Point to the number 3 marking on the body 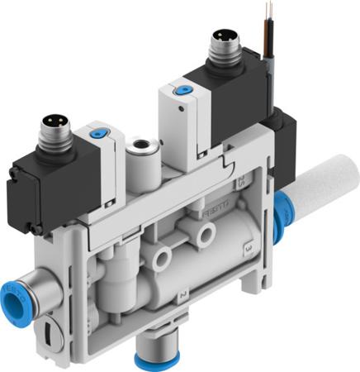point(248,247)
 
